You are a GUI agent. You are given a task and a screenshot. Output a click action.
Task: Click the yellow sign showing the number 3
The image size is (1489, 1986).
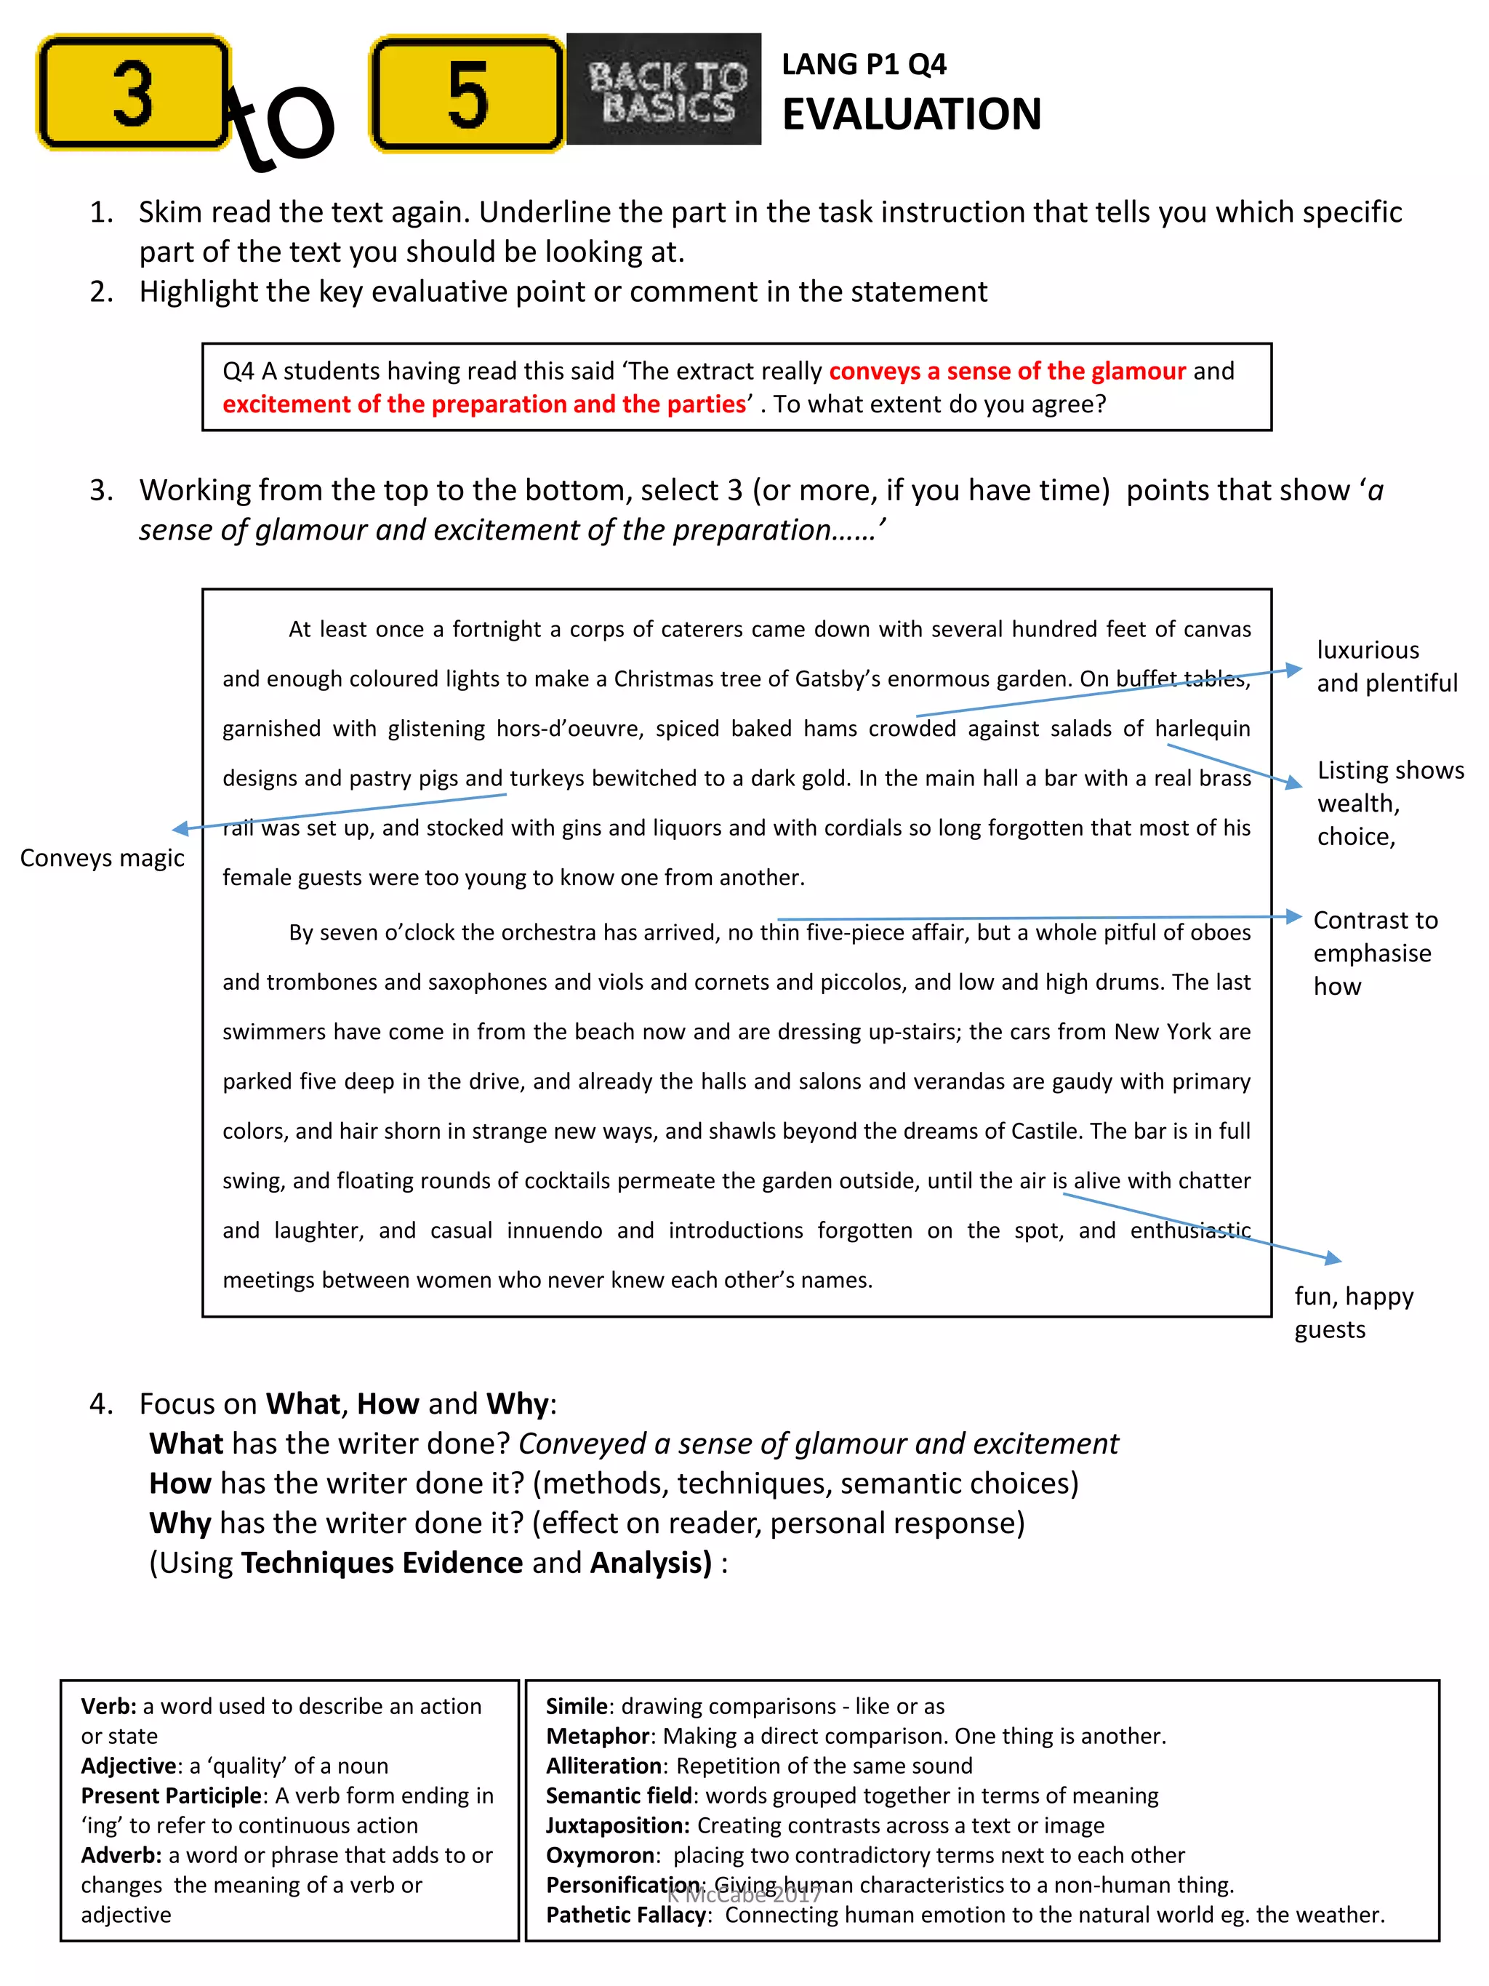pos(133,93)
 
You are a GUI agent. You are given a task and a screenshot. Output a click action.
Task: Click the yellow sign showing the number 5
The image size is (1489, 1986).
pos(467,93)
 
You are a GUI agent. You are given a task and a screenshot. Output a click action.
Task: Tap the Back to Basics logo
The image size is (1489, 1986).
pos(665,89)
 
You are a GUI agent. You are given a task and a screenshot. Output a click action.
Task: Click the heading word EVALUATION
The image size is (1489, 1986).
pos(911,115)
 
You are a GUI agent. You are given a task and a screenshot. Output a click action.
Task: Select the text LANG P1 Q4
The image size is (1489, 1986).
pos(864,65)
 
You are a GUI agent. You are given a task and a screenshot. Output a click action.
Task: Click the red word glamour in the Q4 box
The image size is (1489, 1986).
pos(1138,371)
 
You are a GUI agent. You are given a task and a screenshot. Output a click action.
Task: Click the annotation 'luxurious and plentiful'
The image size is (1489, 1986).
pos(1386,666)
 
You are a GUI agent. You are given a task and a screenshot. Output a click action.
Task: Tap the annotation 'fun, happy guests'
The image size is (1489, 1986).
pos(1354,1312)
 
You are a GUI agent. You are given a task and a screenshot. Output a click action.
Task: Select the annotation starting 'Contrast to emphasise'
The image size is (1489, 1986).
pos(1374,953)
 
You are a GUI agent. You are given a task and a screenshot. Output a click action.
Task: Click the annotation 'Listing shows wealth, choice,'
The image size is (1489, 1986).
pos(1389,803)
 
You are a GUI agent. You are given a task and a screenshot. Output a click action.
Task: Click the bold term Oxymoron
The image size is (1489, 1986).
pos(600,1855)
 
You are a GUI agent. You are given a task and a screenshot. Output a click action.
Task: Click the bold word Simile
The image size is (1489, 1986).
pos(578,1706)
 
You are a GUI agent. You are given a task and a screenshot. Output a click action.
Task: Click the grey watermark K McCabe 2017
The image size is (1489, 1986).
pos(744,1894)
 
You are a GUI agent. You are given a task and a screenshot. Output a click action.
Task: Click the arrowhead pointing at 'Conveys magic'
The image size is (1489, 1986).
pos(180,829)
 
